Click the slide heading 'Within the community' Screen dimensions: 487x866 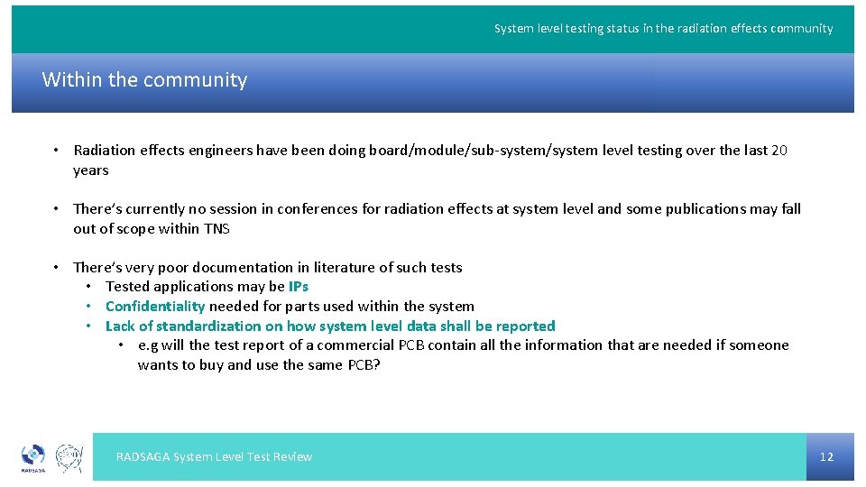click(144, 80)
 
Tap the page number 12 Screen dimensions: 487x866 click(826, 456)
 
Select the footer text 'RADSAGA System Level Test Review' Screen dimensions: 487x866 click(214, 456)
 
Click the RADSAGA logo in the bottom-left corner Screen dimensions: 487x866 click(32, 457)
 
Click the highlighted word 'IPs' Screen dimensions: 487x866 click(299, 287)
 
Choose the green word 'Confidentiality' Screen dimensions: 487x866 click(155, 307)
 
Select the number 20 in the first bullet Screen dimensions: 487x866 click(779, 151)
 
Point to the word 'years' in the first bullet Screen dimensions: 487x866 click(91, 170)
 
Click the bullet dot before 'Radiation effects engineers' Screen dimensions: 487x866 click(56, 151)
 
